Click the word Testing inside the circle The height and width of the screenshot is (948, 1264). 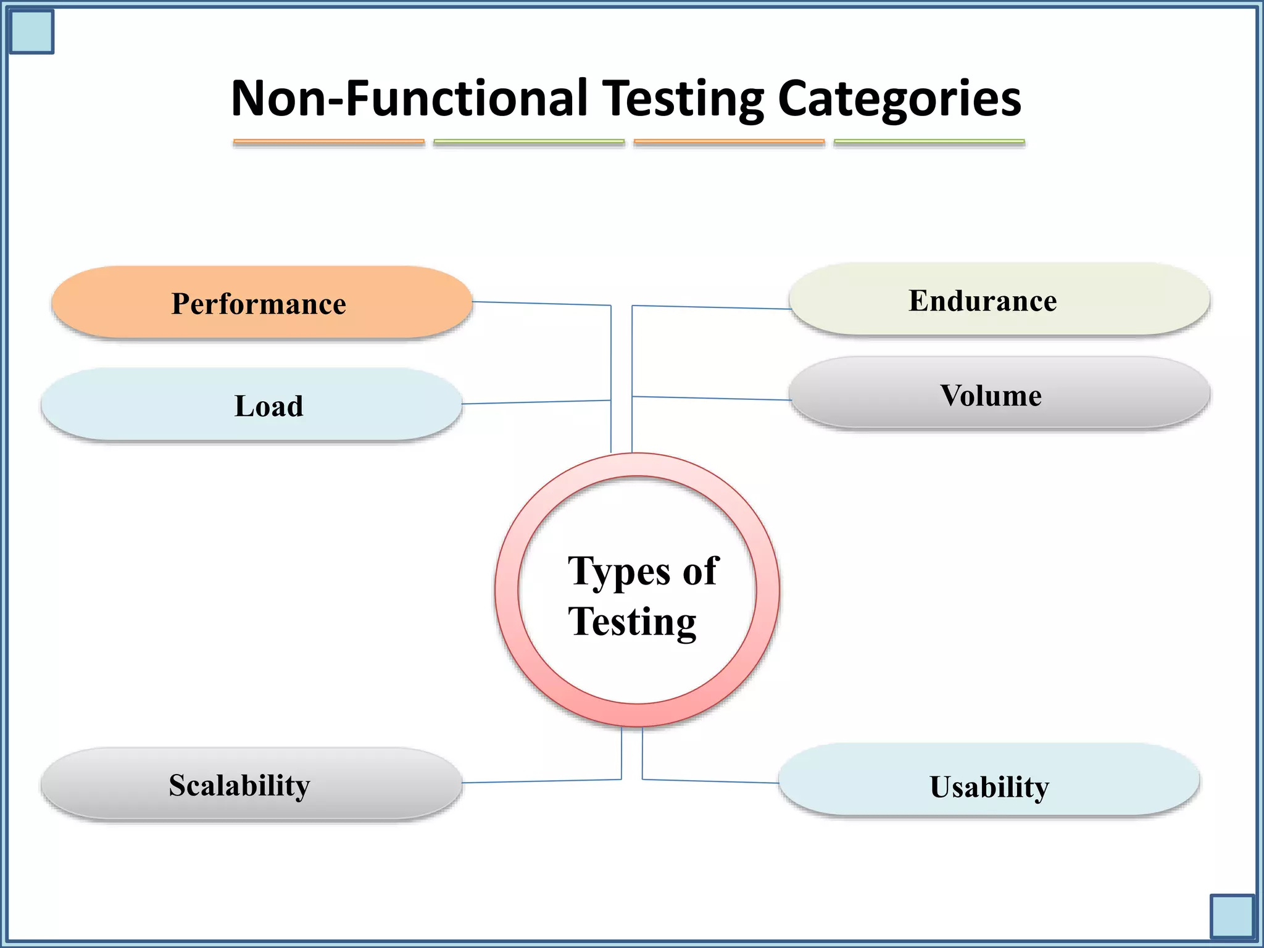coord(632,622)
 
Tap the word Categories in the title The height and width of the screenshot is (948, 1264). coord(899,99)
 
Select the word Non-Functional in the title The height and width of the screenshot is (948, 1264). coord(409,99)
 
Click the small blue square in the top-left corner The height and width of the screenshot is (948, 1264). coord(31,31)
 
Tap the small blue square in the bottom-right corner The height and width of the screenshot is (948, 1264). coord(1232,916)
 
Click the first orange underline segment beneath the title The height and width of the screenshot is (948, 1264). coord(328,142)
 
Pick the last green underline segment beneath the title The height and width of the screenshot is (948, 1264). coord(929,142)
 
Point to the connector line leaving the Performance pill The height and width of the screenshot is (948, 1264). coord(541,303)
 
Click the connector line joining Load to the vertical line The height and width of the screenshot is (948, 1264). coord(536,402)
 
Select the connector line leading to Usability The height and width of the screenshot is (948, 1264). coord(710,781)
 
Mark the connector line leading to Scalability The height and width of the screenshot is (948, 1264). coord(541,781)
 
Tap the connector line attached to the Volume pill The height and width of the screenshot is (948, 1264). coord(711,398)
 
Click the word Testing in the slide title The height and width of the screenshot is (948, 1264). coord(683,99)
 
